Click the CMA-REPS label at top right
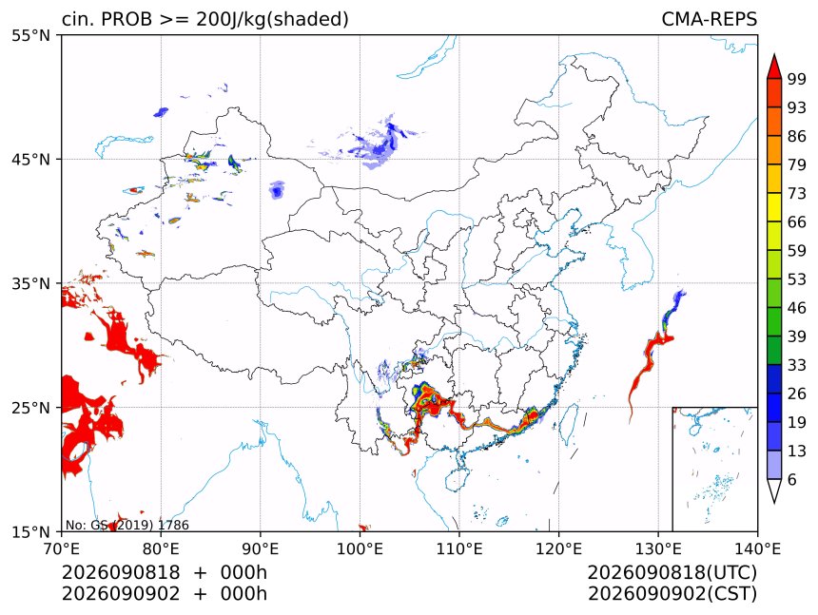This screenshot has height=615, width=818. click(709, 19)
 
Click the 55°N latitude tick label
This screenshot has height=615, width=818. click(30, 36)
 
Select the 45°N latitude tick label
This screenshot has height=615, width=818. click(30, 160)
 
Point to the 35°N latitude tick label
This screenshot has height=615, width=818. click(30, 284)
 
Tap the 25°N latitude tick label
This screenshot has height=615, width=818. click(30, 408)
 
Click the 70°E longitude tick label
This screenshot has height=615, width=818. click(62, 548)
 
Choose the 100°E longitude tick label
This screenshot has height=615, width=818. click(360, 548)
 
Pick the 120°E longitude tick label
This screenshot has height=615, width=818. click(558, 548)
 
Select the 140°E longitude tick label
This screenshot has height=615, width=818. click(757, 548)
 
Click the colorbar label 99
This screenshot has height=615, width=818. click(797, 80)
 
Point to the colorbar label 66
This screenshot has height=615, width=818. click(797, 222)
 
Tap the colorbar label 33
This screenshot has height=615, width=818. click(797, 365)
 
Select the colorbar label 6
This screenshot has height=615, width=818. click(792, 479)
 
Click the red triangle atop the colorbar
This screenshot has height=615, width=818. click(774, 67)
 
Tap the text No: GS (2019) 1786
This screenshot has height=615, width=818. click(127, 525)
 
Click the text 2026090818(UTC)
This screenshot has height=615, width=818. click(672, 572)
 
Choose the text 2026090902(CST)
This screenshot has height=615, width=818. click(672, 594)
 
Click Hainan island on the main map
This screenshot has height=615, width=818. click(458, 479)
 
